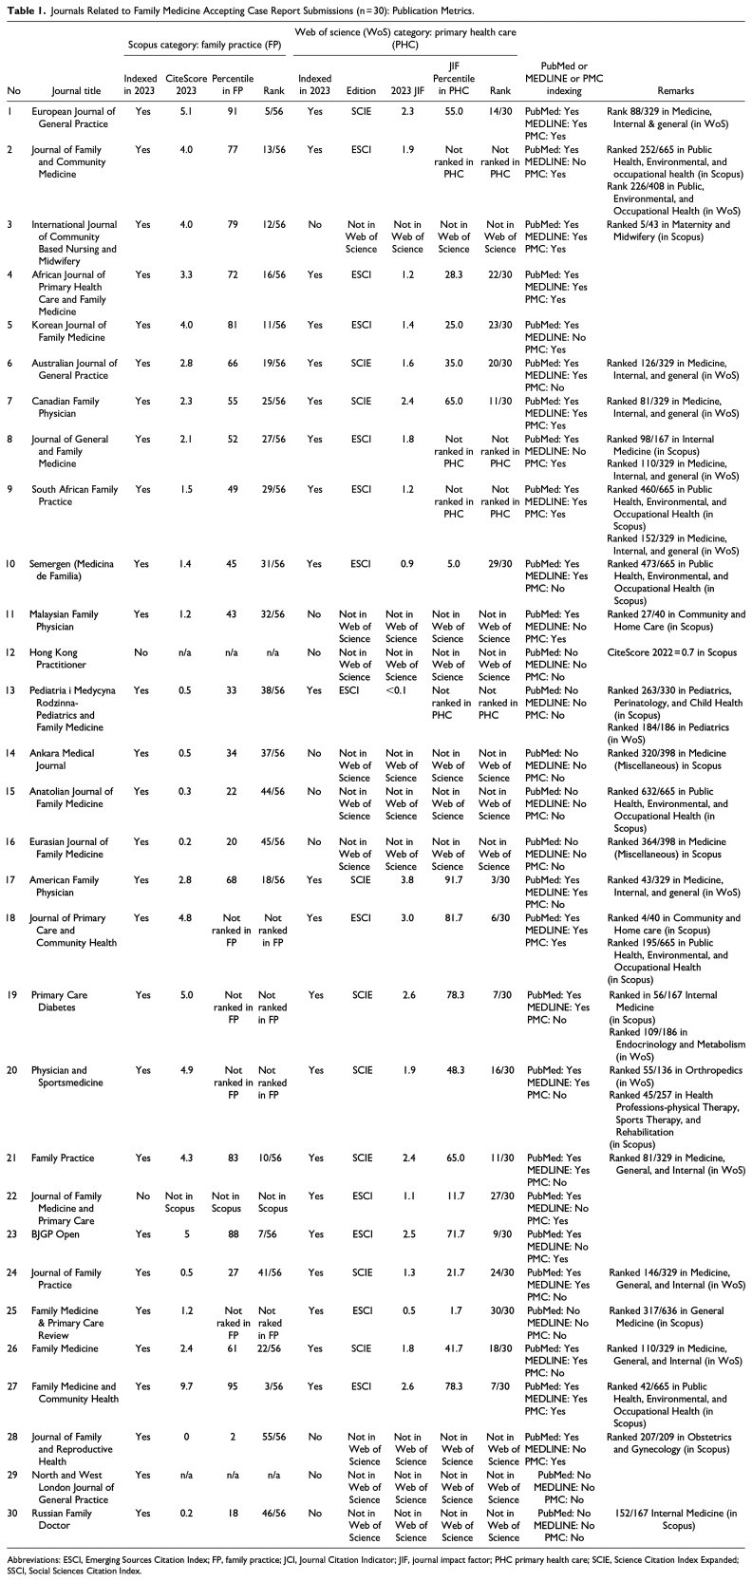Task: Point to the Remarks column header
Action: pyautogui.click(x=675, y=91)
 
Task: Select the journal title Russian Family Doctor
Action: pyautogui.click(x=74, y=1514)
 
